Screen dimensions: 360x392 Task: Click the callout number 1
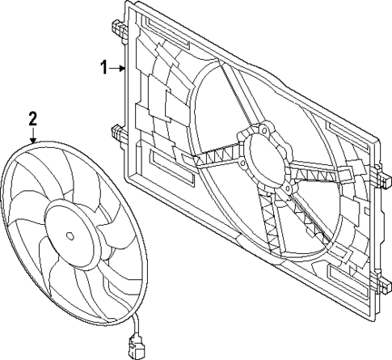click(103, 69)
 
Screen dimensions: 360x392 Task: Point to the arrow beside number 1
click(116, 69)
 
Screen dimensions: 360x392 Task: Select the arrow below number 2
click(33, 136)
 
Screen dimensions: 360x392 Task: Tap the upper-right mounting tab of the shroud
click(377, 172)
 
